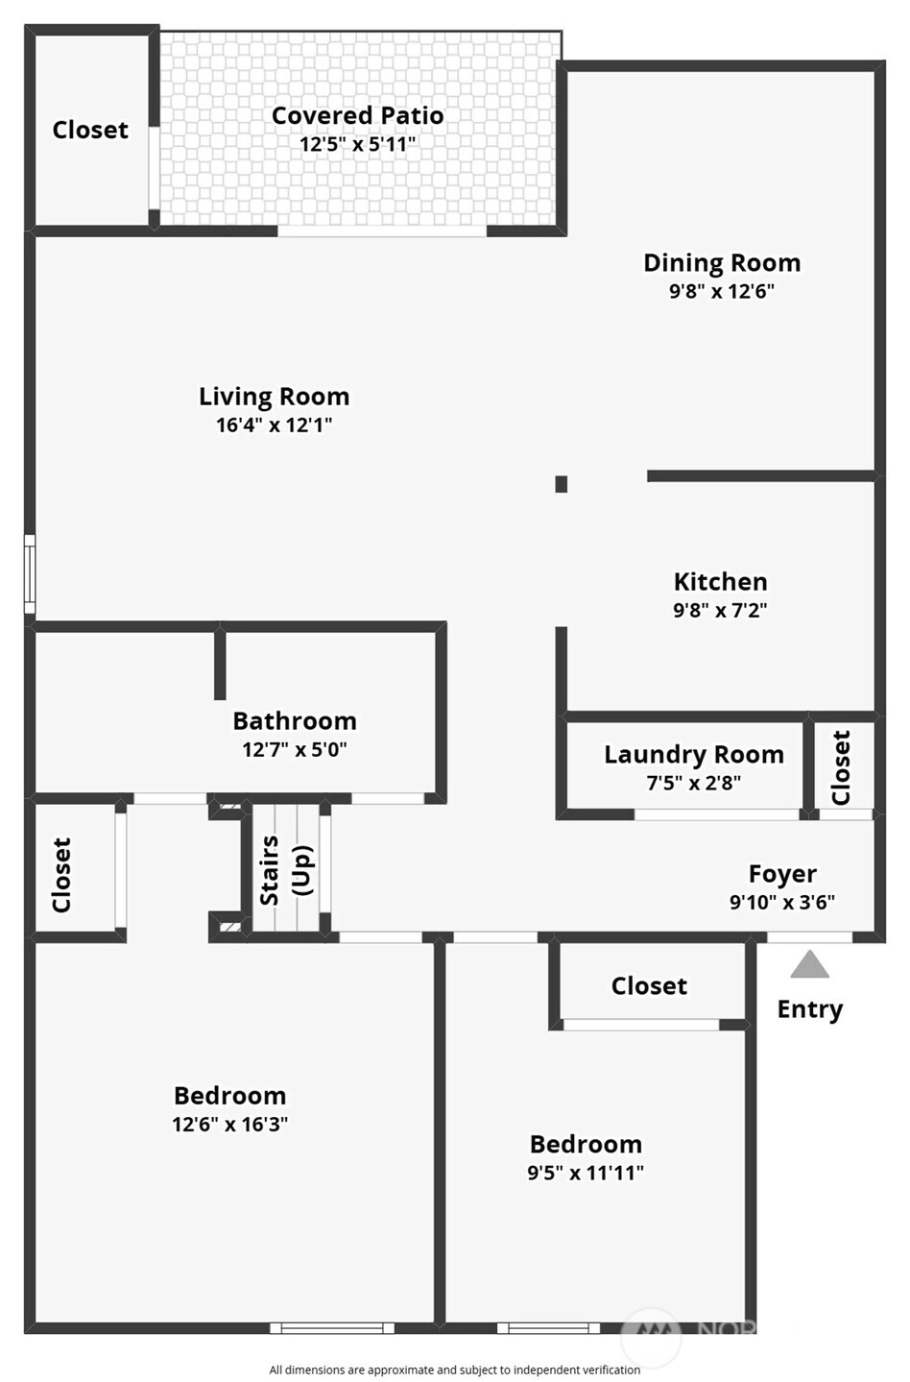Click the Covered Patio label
[358, 116]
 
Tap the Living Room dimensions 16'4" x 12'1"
[275, 425]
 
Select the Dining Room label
[722, 263]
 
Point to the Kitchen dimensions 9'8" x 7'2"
[720, 610]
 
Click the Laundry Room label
[694, 755]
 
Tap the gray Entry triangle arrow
[809, 964]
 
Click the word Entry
[809, 1009]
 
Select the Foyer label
[782, 874]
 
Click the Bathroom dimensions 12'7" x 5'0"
[294, 750]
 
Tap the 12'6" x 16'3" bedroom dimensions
[230, 1124]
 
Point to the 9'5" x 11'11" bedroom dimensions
[586, 1173]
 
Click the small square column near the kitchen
[561, 484]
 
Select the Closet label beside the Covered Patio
[90, 131]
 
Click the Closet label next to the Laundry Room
[841, 768]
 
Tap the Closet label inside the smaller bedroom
[649, 986]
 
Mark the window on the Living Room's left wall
[30, 574]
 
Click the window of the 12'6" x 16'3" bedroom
[332, 1327]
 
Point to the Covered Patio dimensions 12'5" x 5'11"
[358, 144]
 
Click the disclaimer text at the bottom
[455, 1370]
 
